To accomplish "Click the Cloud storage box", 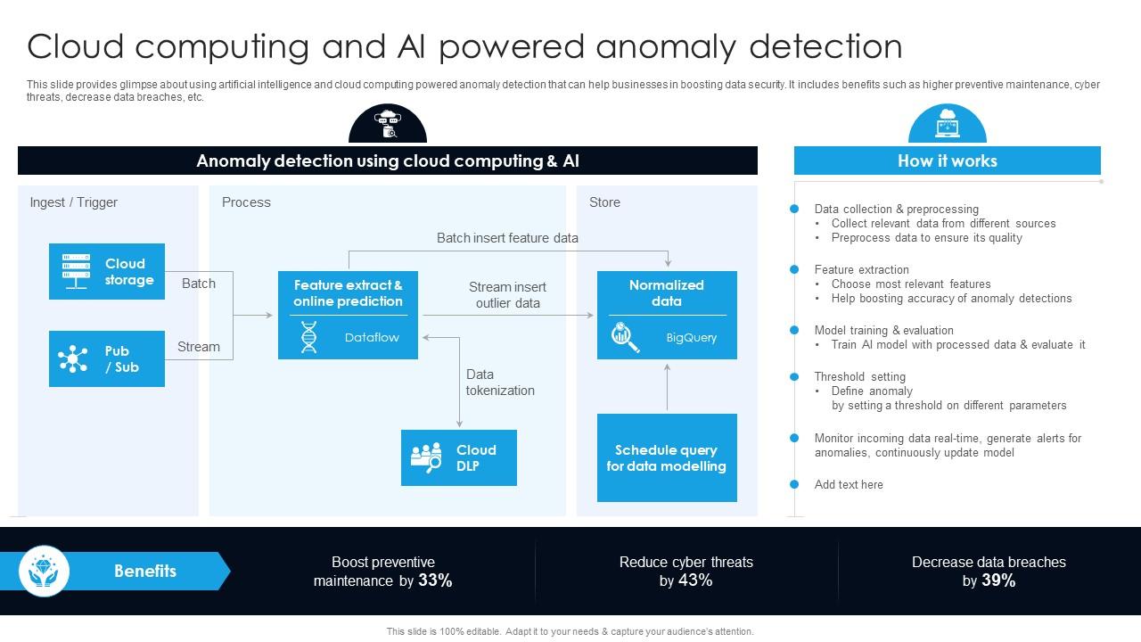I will pos(107,271).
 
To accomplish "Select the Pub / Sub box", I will pos(107,358).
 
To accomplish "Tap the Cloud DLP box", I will pos(458,457).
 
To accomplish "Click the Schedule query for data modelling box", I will pos(667,457).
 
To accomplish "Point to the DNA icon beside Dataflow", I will pos(308,338).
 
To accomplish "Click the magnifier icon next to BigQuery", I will pos(625,338).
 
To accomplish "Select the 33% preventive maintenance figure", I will pos(435,580).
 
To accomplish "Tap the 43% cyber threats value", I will pos(695,580).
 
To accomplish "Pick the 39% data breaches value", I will pos(998,580).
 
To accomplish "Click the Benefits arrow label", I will pos(145,571).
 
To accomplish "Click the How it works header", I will pos(947,160).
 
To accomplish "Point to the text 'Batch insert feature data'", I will pos(507,238).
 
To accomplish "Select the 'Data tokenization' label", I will pos(500,383).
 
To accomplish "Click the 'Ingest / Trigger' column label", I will pos(74,202).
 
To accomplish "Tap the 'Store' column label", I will pos(604,202).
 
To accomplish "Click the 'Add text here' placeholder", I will pos(849,484).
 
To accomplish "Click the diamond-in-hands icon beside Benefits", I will pos(44,571).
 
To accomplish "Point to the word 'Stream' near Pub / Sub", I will pos(198,347).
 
